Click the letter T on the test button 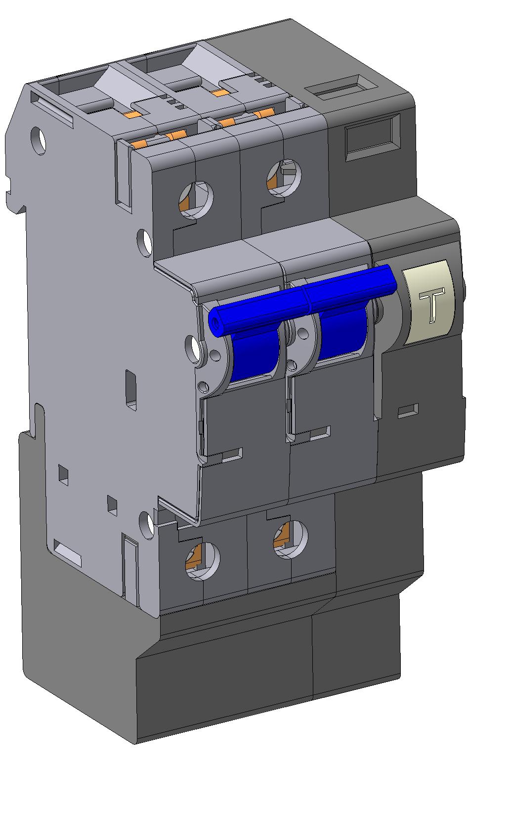(431, 305)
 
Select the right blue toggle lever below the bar (342, 334)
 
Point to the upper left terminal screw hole (196, 200)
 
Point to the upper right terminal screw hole (284, 178)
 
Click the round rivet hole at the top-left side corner (39, 140)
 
